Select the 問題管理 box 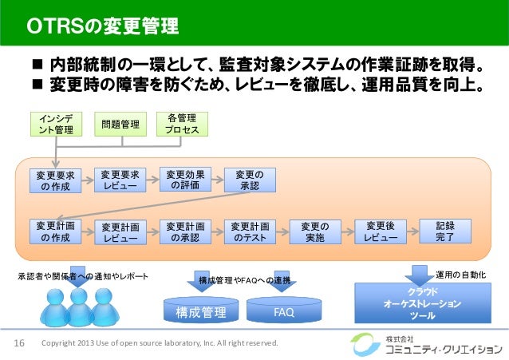click(117, 124)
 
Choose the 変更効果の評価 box click(184, 180)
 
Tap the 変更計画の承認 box click(184, 231)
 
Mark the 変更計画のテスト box click(250, 231)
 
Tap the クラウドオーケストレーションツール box click(421, 304)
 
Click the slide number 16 click(20, 344)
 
